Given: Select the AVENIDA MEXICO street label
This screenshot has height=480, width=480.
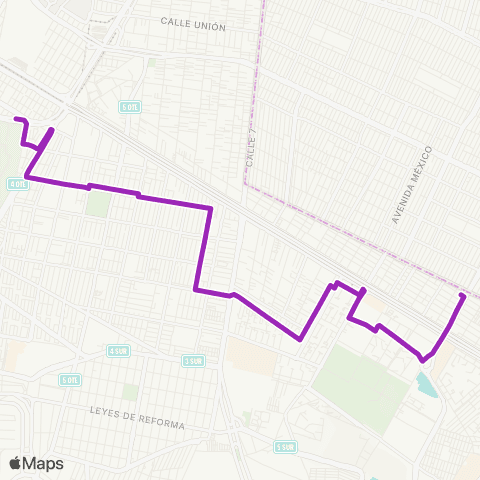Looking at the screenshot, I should (x=413, y=184).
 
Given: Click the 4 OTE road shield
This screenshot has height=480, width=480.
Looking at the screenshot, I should (x=17, y=184).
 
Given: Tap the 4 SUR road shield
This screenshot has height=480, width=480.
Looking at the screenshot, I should (x=119, y=350).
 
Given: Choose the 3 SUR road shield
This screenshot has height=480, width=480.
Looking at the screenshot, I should (x=194, y=360).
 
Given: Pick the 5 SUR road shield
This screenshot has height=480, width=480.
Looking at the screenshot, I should (x=287, y=446).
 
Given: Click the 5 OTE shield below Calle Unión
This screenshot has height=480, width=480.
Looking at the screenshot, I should (x=129, y=107).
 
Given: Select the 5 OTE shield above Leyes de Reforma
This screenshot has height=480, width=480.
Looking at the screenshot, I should (x=69, y=380).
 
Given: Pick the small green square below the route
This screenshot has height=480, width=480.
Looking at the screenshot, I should (x=97, y=203).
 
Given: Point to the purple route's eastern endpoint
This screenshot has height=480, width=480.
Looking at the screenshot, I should (x=462, y=296).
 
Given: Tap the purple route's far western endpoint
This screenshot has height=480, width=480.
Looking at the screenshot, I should (x=15, y=120).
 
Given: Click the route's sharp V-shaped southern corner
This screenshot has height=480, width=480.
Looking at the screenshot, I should (x=300, y=338).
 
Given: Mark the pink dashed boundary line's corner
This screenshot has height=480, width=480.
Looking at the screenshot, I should (x=245, y=183).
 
